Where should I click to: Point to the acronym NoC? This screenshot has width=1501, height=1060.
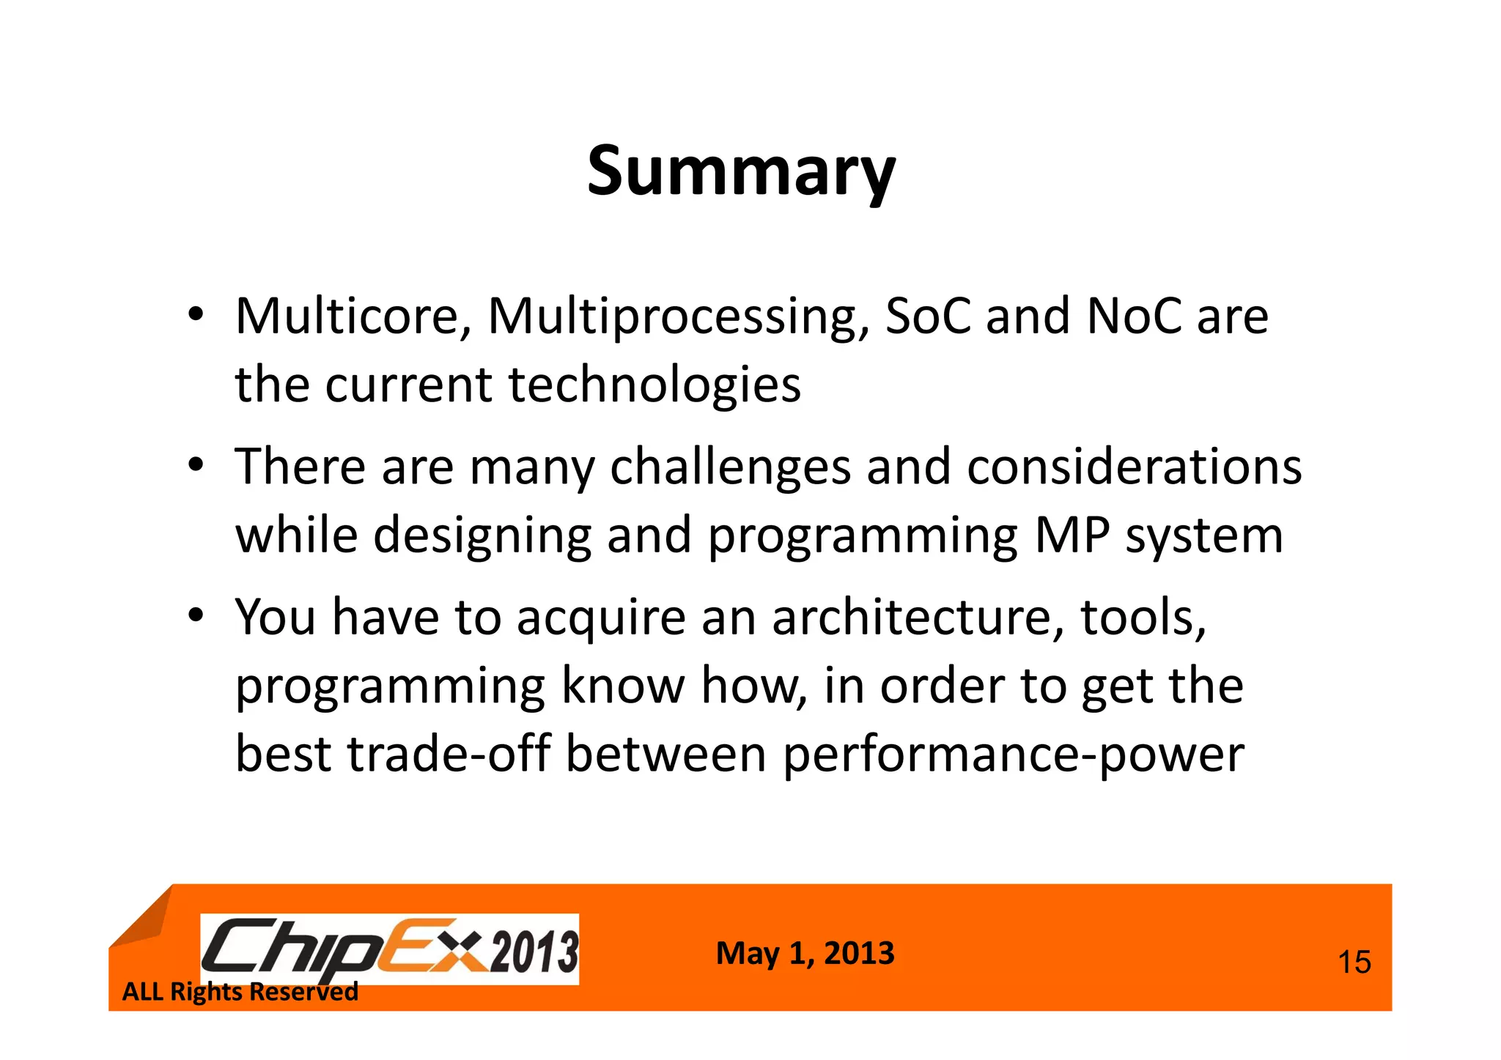pos(1134,316)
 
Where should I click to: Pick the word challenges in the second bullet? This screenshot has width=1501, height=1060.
pos(730,467)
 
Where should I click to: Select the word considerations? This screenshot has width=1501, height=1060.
pos(1134,467)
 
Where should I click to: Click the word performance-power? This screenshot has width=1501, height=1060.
pos(1014,755)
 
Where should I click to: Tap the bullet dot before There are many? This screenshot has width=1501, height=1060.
pos(194,467)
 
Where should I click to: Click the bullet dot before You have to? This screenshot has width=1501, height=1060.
pos(194,617)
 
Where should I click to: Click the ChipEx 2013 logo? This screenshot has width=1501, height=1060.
pos(390,949)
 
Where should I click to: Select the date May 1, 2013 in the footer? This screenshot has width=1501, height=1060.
pos(805,954)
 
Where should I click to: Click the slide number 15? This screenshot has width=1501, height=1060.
pos(1354,962)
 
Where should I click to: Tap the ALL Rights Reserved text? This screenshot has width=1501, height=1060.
pos(240,992)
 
